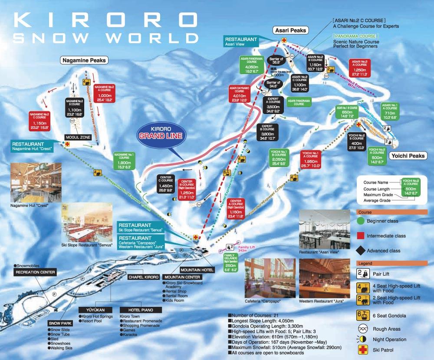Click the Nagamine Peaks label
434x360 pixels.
[x=84, y=60]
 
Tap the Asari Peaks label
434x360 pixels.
[x=290, y=30]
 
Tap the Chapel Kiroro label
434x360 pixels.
[x=143, y=277]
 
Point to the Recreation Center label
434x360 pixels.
[x=35, y=272]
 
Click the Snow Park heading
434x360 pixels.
[x=59, y=324]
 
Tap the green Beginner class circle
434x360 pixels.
[x=360, y=221]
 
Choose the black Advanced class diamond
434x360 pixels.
[x=360, y=251]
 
